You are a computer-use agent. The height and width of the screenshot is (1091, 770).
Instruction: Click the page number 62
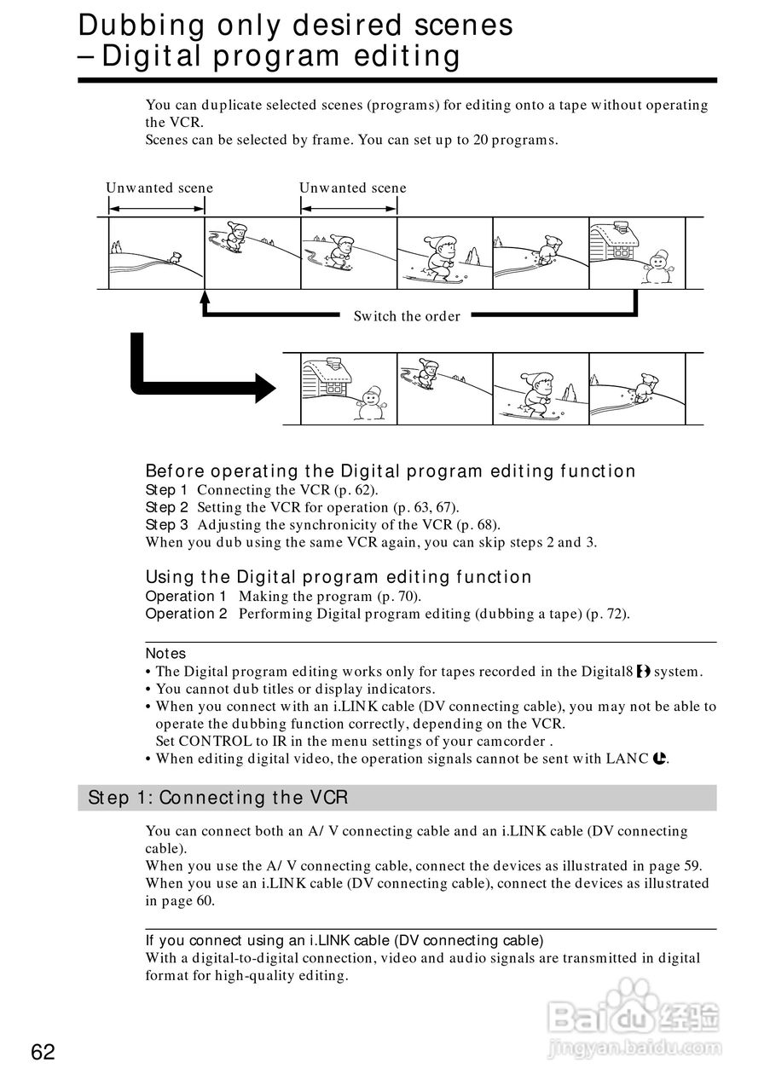point(43,1053)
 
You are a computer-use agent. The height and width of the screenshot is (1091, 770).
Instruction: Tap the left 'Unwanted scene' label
point(159,188)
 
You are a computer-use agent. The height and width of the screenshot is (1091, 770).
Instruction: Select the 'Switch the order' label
point(407,316)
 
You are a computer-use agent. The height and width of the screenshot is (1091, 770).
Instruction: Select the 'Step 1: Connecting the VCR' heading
point(217,798)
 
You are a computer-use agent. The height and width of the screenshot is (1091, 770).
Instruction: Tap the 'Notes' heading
point(165,654)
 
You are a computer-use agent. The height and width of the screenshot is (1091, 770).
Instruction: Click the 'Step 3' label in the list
point(166,525)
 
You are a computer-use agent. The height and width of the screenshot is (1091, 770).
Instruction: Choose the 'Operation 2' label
point(186,614)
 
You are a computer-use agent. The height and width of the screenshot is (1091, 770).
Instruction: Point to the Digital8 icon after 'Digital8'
point(643,672)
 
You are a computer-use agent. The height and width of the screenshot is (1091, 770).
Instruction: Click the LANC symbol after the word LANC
point(659,758)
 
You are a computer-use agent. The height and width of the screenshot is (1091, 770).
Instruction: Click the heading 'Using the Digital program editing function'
point(339,577)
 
